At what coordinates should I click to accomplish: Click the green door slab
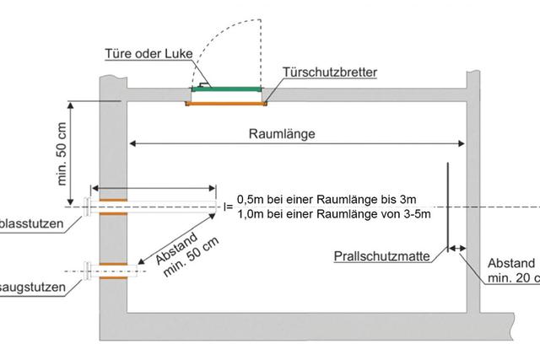pos(225,88)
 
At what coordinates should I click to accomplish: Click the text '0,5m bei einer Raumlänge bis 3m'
pos(326,199)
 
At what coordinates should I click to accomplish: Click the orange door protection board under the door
pos(225,103)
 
